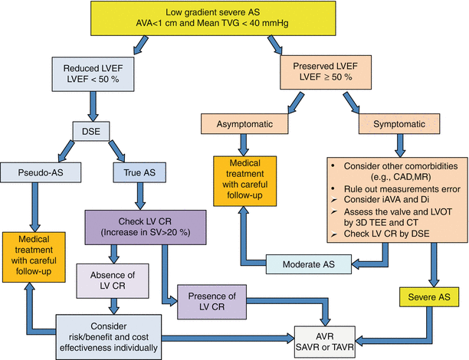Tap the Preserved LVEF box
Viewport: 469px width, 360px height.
pos(329,76)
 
